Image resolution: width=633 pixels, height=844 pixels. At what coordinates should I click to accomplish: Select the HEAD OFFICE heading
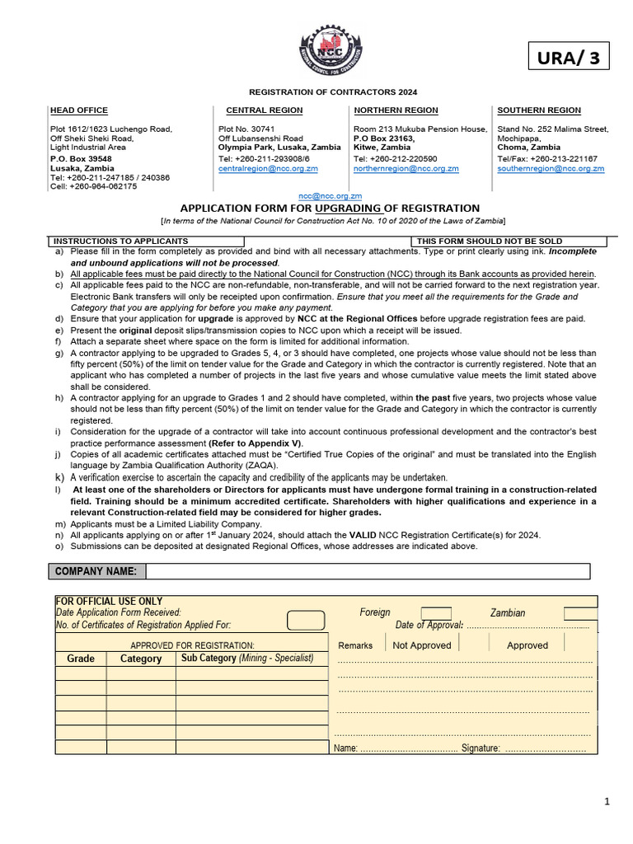[79, 110]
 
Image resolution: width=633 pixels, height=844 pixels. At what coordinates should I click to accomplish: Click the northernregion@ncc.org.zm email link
[406, 168]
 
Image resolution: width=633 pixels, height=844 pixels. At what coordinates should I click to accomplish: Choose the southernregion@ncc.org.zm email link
[551, 168]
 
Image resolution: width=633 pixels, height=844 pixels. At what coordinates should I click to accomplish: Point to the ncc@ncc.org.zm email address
[330, 196]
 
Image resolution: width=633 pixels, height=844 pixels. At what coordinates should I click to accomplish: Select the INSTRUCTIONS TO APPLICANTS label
[120, 241]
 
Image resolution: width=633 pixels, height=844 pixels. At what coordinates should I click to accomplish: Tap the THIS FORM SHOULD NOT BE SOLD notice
[490, 241]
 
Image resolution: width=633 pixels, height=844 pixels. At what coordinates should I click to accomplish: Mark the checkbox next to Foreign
[436, 613]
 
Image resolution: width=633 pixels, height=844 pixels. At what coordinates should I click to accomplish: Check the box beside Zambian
[581, 613]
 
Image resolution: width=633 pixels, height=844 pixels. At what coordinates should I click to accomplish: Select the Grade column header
[81, 659]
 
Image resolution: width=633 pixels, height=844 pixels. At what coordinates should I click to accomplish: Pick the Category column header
[141, 659]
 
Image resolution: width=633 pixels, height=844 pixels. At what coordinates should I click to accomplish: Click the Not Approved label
[422, 645]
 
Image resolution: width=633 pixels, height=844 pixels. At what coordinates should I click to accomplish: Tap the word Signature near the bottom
[481, 748]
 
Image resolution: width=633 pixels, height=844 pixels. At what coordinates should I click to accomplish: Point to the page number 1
[607, 801]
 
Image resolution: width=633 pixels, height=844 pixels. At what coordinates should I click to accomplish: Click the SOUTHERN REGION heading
[539, 110]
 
